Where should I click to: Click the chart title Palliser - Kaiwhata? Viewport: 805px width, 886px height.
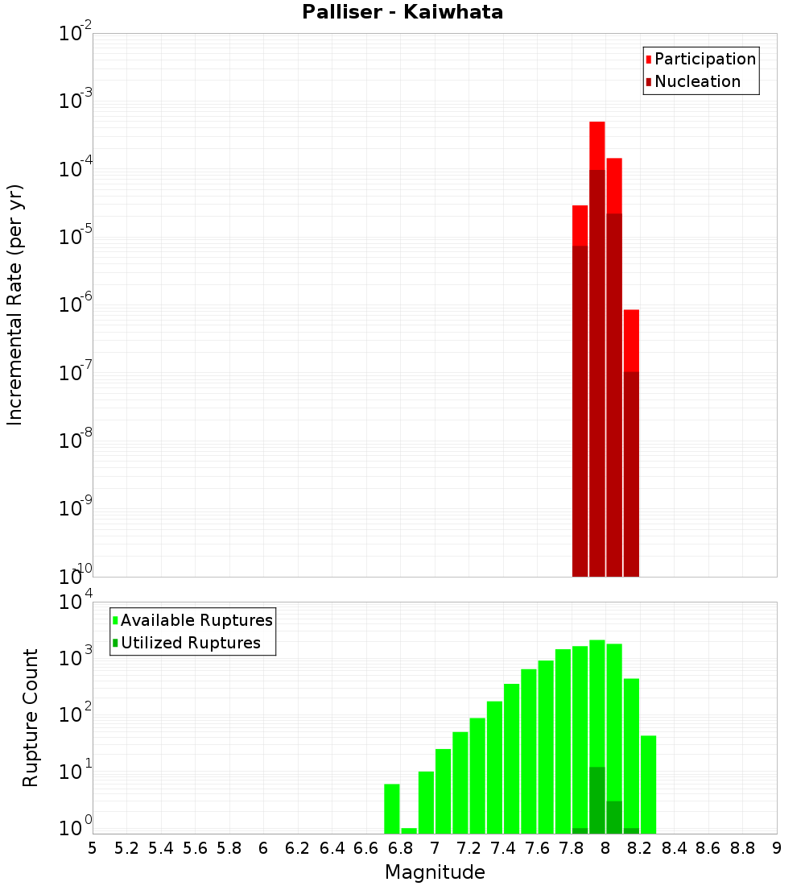click(x=402, y=13)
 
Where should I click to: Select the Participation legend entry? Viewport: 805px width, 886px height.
click(x=704, y=59)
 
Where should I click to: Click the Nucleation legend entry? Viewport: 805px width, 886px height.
click(x=697, y=81)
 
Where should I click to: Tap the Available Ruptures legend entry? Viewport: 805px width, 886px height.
click(x=196, y=620)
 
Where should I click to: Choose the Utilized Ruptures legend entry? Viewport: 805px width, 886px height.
click(x=190, y=643)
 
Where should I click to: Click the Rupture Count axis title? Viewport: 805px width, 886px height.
click(x=31, y=718)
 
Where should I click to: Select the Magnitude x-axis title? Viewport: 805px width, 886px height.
click(x=435, y=872)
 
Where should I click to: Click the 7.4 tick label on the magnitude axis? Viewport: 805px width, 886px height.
click(x=503, y=848)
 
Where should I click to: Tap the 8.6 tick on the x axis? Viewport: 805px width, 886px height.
click(x=708, y=848)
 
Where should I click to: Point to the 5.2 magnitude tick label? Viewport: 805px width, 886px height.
click(x=126, y=848)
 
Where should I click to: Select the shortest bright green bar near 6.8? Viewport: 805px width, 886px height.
click(x=409, y=830)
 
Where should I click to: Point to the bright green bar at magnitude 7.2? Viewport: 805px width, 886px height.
click(x=460, y=782)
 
